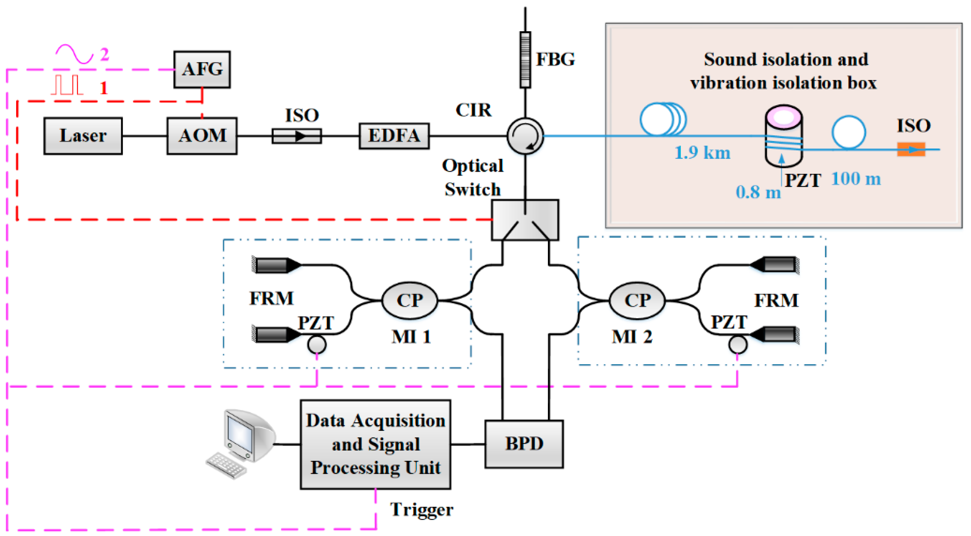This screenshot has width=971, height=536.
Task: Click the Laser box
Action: point(83,136)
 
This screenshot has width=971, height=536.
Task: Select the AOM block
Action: point(202,136)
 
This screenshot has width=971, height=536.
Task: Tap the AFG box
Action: point(202,69)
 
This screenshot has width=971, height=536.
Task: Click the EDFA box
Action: point(394,136)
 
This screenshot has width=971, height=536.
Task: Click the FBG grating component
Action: point(525,60)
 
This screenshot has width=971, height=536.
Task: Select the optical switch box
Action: point(525,220)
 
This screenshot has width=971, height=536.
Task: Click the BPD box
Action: point(524,444)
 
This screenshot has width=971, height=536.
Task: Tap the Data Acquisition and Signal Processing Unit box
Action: point(375,444)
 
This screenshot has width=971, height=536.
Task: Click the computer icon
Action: point(241,443)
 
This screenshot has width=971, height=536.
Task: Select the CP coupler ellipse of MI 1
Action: point(410,301)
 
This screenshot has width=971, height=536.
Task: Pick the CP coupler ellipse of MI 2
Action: point(637,301)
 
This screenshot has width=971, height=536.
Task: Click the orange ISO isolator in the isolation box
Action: point(911,149)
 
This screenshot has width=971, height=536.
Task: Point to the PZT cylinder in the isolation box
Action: point(784,136)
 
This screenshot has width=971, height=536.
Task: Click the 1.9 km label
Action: point(702,153)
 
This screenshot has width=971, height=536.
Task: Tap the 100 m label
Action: point(856,179)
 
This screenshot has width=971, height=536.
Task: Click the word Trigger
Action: point(421,510)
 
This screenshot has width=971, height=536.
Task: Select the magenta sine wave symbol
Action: point(74,54)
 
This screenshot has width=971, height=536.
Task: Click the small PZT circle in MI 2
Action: point(738,344)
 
